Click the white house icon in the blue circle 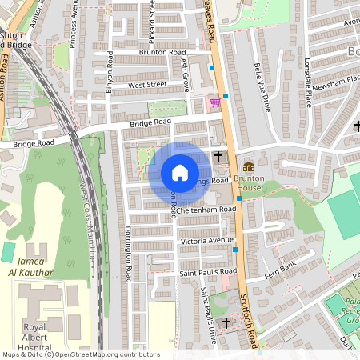tap(179, 173)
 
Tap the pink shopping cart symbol tap(214, 102)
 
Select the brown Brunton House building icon tap(249, 166)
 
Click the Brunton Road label tap(162, 52)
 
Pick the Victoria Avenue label tap(206, 240)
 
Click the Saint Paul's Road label tap(208, 271)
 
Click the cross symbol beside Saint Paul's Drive tap(226, 322)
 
